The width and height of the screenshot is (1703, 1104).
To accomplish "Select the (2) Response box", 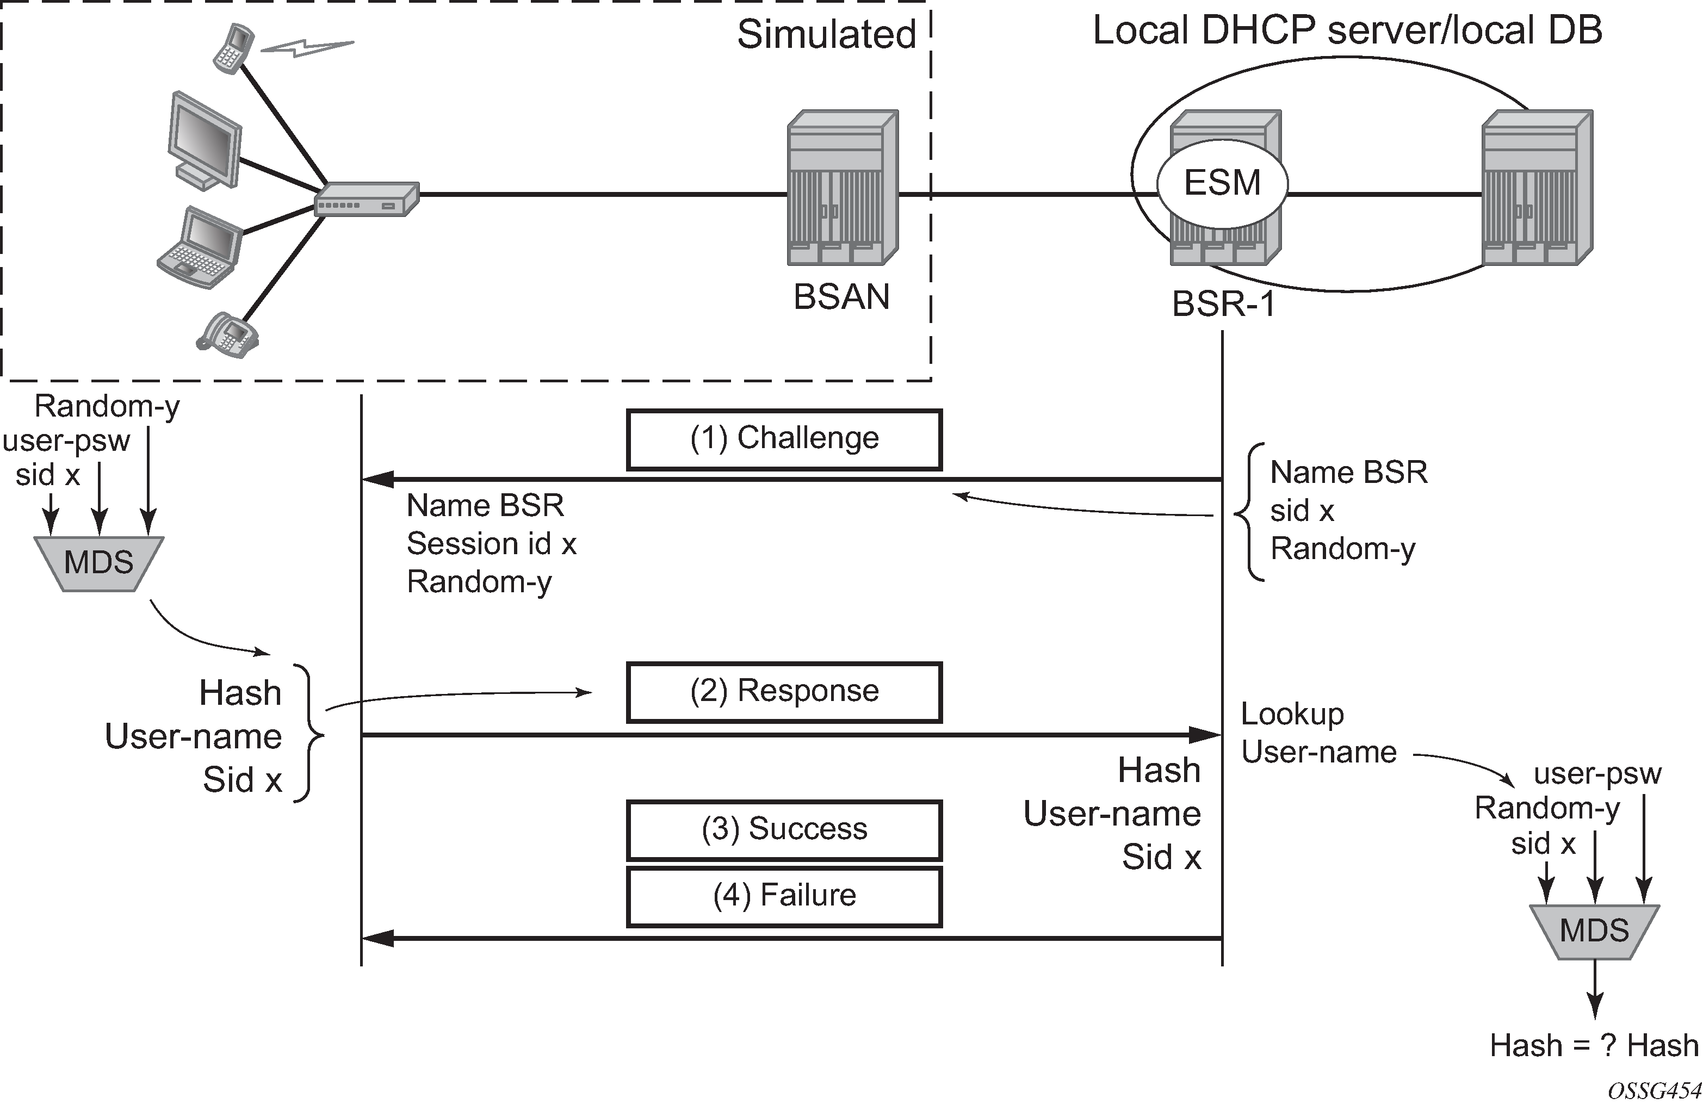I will (x=784, y=692).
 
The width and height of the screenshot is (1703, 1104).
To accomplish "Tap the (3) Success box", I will (x=784, y=830).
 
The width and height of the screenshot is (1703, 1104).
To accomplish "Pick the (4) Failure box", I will (x=784, y=896).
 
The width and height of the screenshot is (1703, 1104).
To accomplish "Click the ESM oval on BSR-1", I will (x=1222, y=183).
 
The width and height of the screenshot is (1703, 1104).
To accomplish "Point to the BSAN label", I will (x=841, y=297).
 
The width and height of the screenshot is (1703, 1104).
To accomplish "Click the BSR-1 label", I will (x=1224, y=304).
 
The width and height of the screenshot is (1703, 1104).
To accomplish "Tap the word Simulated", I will (x=826, y=34).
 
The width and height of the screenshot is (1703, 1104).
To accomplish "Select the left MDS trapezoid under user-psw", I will (x=99, y=563).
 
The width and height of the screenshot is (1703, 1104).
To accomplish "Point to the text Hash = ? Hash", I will (x=1594, y=1045).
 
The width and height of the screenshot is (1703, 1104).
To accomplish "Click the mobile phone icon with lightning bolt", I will (x=233, y=47).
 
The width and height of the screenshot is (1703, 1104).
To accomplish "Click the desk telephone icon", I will (x=227, y=335).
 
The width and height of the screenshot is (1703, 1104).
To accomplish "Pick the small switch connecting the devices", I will (x=367, y=200).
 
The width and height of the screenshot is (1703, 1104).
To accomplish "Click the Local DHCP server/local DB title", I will (x=1347, y=31).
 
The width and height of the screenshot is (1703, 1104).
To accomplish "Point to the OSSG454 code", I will (x=1654, y=1091).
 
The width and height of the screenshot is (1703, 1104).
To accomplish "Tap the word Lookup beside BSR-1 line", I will (x=1292, y=714).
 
